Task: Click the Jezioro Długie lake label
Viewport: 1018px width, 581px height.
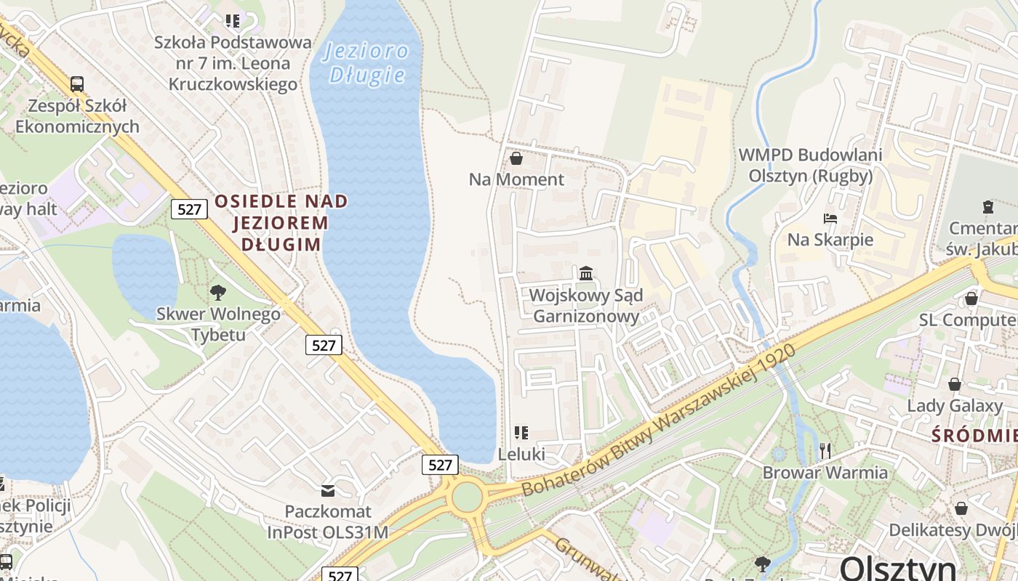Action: [366, 63]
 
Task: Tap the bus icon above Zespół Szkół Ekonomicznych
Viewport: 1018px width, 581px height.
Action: [77, 84]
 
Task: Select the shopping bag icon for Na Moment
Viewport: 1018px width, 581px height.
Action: [516, 158]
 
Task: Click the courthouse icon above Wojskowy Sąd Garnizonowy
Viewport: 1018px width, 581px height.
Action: [586, 274]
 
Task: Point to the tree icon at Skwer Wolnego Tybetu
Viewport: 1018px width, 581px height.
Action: [217, 293]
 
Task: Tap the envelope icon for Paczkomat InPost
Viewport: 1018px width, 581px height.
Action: [328, 491]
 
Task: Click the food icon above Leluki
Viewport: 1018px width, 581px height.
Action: [521, 433]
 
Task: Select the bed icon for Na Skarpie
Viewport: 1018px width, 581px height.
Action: [830, 218]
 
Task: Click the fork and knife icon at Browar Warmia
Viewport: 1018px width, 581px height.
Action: [825, 451]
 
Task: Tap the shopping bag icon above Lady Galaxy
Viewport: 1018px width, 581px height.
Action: [954, 383]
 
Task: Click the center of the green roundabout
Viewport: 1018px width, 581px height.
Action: [467, 497]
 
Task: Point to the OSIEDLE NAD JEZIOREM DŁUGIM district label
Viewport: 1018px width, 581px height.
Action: [281, 222]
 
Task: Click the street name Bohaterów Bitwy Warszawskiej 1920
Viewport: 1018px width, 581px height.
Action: [659, 421]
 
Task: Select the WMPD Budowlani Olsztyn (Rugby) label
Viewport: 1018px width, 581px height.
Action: [810, 165]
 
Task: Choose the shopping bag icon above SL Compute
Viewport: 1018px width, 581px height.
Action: [971, 298]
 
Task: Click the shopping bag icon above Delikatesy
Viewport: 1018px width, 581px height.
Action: [961, 508]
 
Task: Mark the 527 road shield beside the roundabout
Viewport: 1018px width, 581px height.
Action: [440, 465]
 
